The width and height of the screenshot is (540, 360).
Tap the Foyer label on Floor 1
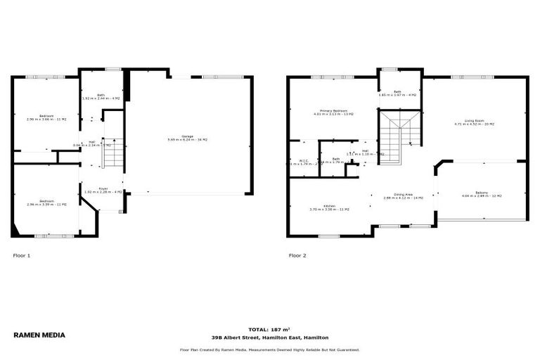103,190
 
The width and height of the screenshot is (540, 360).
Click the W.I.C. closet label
304,161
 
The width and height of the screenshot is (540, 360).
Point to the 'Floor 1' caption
21,255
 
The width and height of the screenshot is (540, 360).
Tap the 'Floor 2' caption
297,255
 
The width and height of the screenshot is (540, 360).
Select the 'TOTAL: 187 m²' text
269,329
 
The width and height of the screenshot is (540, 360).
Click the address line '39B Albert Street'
269,337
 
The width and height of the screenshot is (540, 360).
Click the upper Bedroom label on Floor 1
46,117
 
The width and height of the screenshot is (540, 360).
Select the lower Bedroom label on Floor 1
46,202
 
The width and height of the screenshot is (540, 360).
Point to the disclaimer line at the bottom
269,349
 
